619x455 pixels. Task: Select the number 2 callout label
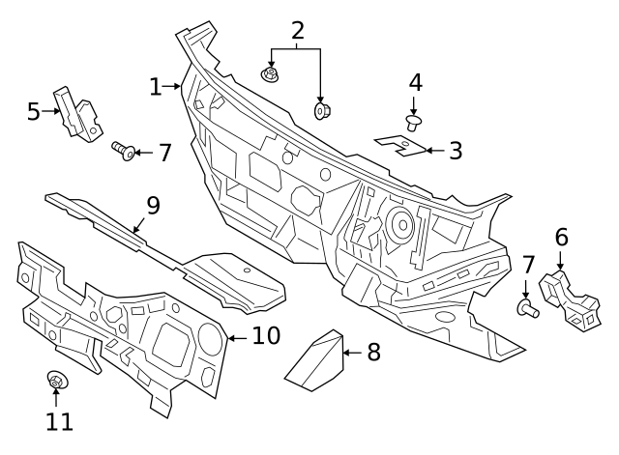pyautogui.click(x=297, y=31)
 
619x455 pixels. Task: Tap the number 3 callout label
pyautogui.click(x=455, y=151)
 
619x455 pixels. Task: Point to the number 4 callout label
pyautogui.click(x=415, y=83)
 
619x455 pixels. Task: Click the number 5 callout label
pyautogui.click(x=34, y=111)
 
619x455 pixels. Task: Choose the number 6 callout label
pyautogui.click(x=560, y=236)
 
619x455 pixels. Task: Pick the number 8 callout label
pyautogui.click(x=372, y=353)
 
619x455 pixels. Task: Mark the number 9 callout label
pyautogui.click(x=152, y=205)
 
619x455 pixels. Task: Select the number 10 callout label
pyautogui.click(x=266, y=336)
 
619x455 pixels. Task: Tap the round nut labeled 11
pyautogui.click(x=56, y=383)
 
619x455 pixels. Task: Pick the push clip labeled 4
pyautogui.click(x=415, y=123)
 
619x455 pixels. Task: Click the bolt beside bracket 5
pyautogui.click(x=123, y=150)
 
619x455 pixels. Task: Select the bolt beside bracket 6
pyautogui.click(x=527, y=309)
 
